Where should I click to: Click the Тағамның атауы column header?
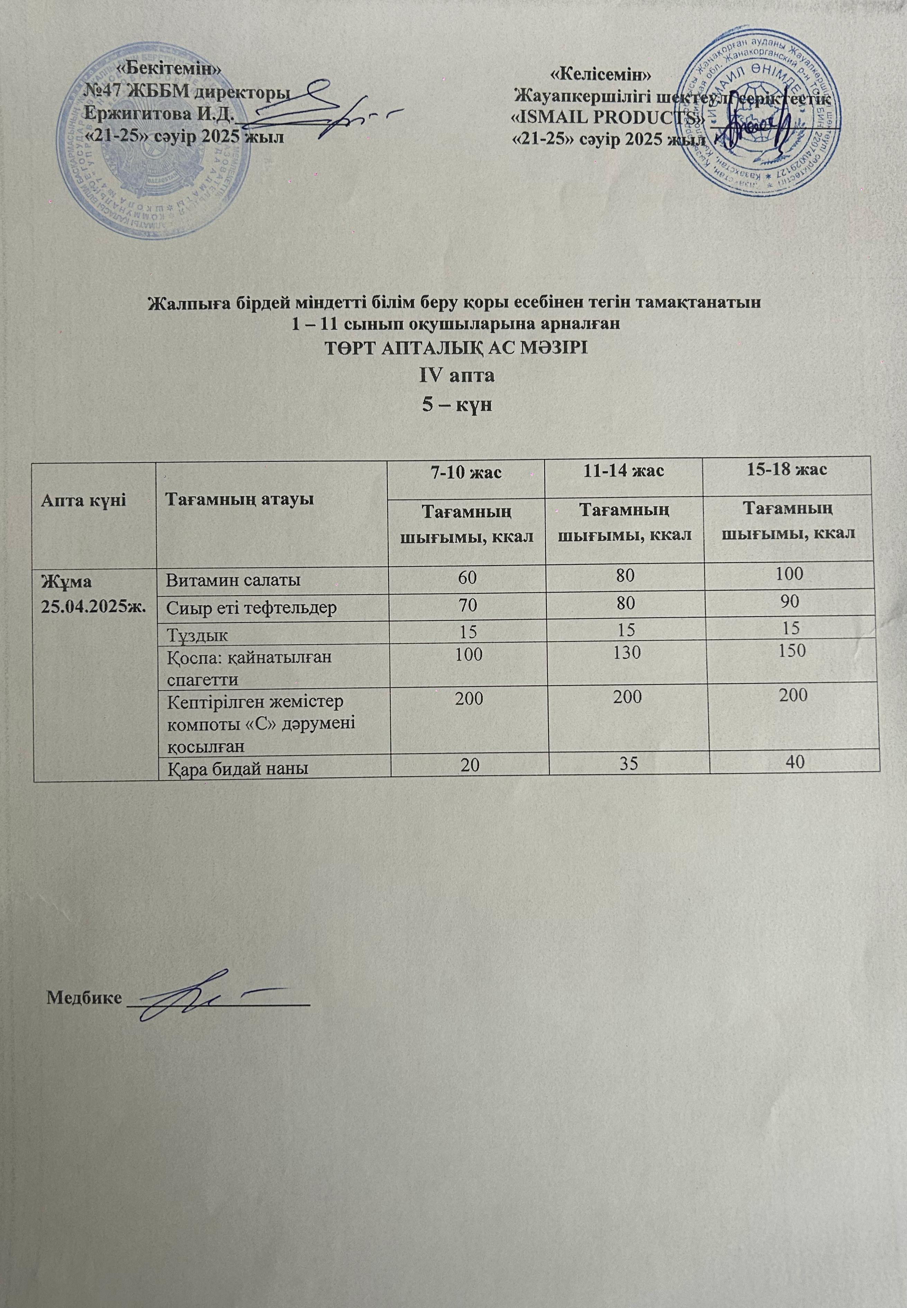[239, 500]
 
